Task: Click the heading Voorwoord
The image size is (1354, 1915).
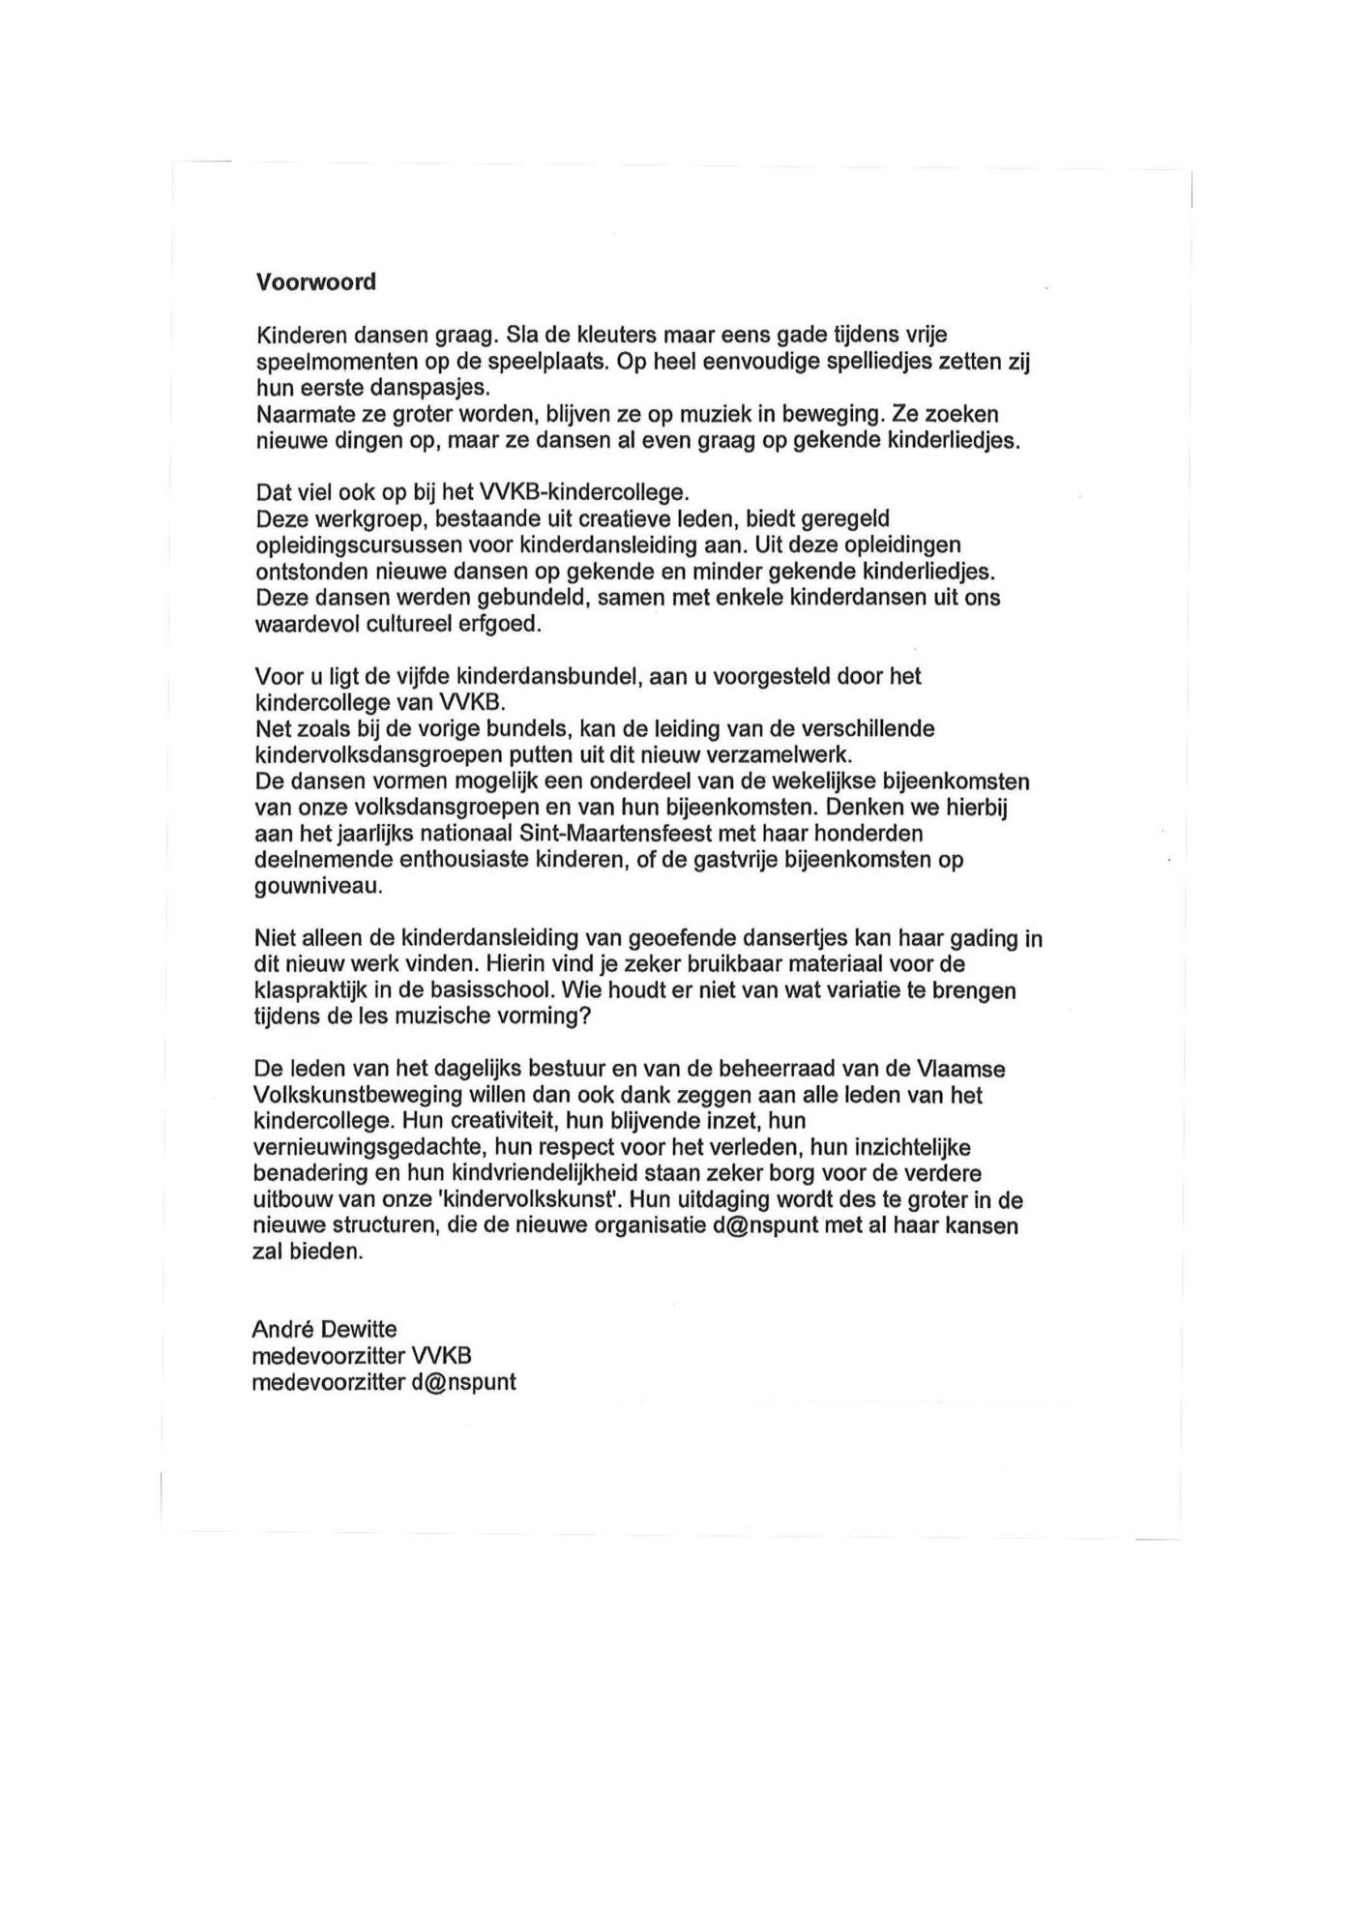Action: point(315,281)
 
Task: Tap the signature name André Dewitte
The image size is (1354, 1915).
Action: point(324,1330)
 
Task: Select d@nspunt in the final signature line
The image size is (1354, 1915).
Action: point(462,1382)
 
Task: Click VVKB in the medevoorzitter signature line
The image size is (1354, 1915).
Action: point(442,1356)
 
